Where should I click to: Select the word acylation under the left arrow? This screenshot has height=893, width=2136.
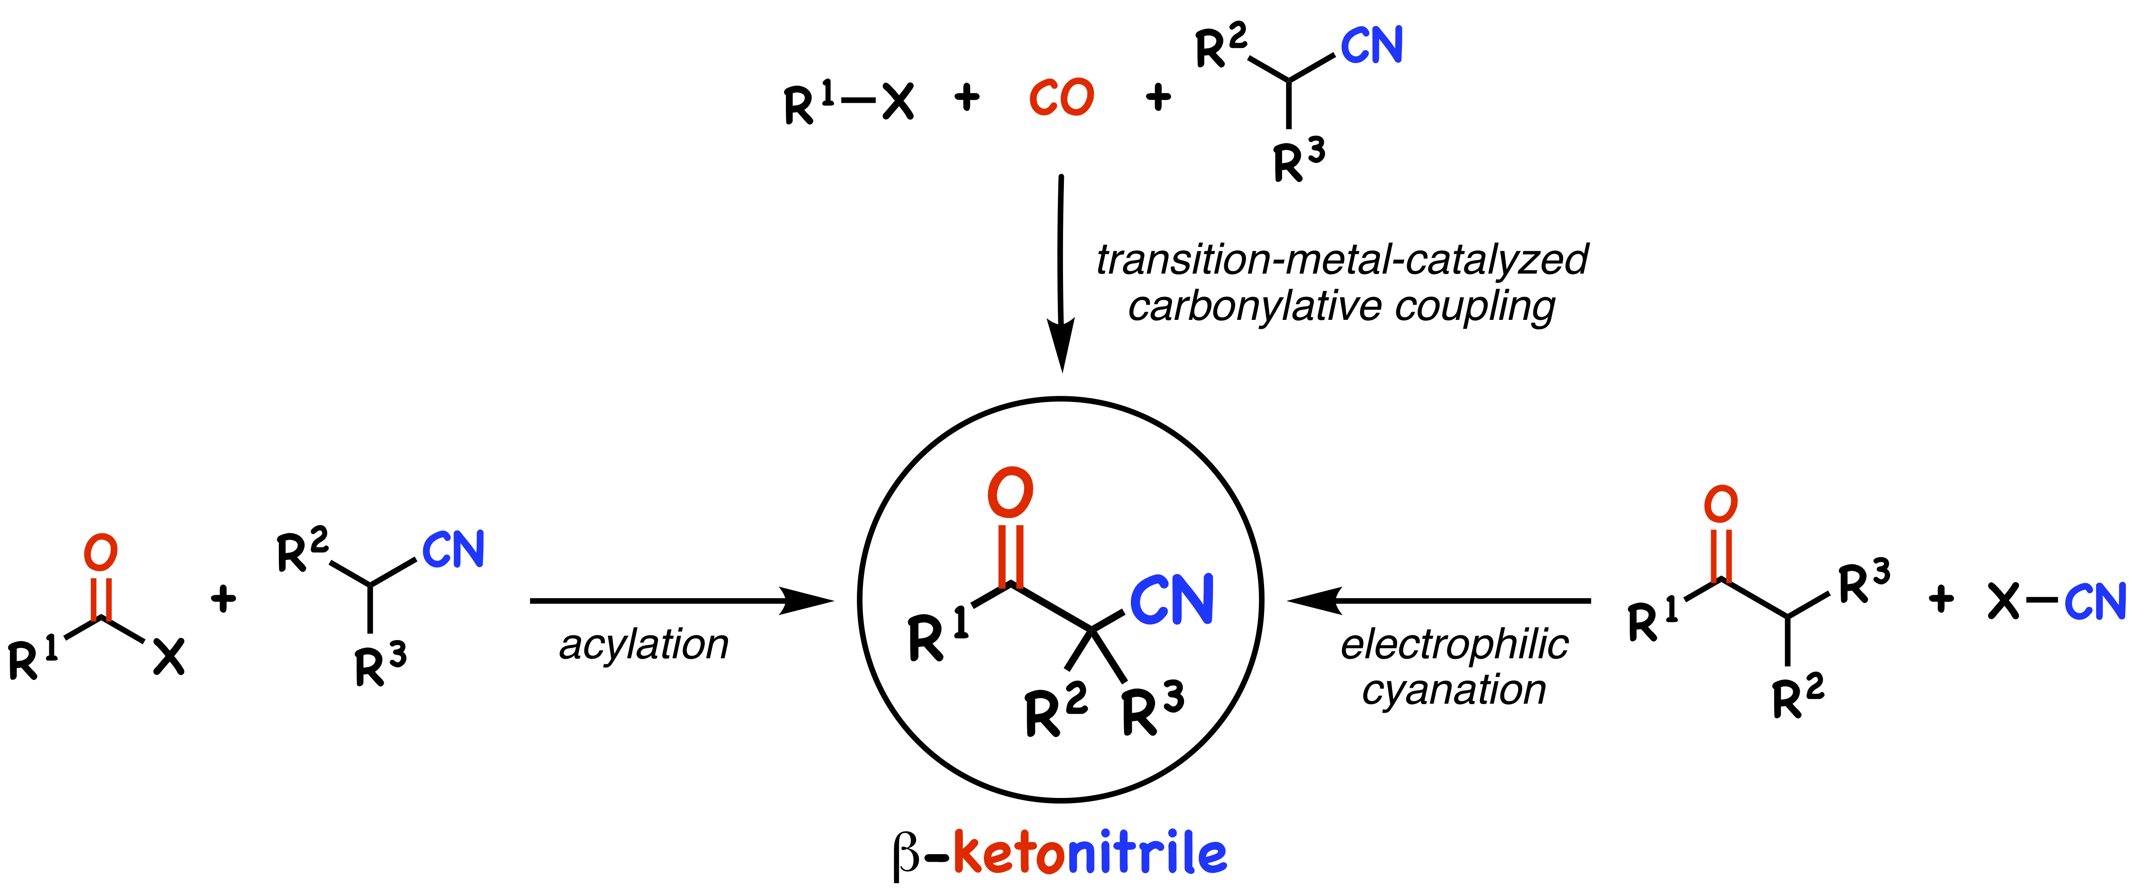point(643,645)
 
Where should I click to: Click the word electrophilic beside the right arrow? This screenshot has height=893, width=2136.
point(1453,645)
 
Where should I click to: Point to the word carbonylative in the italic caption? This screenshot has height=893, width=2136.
point(1254,307)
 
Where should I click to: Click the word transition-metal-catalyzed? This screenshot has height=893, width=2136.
point(1341,259)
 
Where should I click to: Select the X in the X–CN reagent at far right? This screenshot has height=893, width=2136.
point(2003,601)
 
